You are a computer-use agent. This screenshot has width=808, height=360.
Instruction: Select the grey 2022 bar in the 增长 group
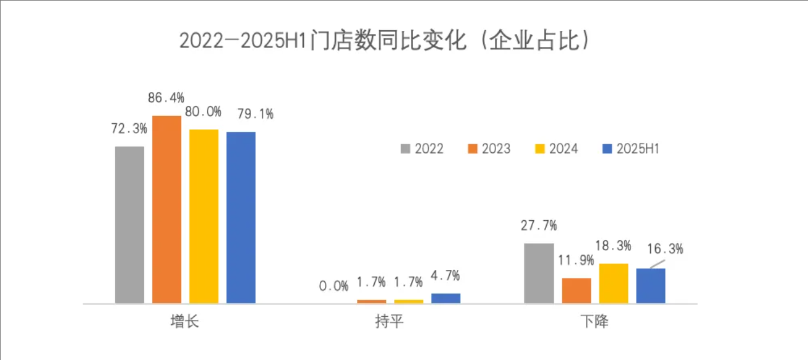[x=129, y=224]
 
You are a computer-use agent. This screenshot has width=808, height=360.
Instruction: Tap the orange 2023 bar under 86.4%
[x=167, y=209]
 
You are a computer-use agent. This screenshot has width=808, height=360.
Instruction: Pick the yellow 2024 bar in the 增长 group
[x=204, y=216]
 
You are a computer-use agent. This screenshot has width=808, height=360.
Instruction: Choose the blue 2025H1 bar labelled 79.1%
[x=241, y=217]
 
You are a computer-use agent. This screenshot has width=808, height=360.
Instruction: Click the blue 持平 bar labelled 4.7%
[x=446, y=298]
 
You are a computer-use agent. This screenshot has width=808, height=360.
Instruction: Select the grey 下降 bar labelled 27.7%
[x=539, y=273]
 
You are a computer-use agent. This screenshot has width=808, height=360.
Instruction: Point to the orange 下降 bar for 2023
[x=576, y=290]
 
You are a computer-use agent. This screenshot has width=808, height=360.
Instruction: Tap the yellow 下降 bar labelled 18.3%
[x=613, y=283]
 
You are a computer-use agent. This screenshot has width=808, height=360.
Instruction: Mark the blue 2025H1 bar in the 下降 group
[x=651, y=285]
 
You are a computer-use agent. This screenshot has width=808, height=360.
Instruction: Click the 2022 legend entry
[x=422, y=149]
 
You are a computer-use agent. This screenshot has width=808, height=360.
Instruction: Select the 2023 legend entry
[x=489, y=149]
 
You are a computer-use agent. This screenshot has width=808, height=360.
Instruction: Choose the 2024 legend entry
[x=557, y=149]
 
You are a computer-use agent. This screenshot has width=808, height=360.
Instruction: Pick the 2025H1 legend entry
[x=630, y=149]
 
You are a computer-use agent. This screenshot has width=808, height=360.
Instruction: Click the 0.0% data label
[x=334, y=286]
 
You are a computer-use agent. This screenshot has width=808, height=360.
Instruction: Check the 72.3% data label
[x=129, y=129]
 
